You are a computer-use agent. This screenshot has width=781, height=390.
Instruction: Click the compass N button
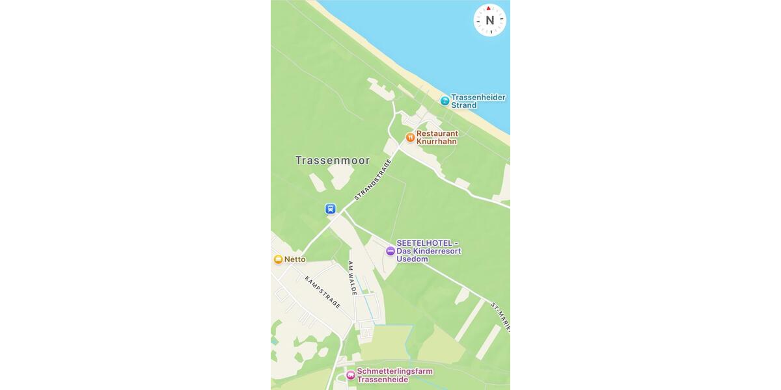(x=489, y=20)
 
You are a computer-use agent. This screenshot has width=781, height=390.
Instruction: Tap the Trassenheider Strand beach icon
(x=445, y=101)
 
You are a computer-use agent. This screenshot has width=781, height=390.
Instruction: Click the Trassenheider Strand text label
(x=478, y=101)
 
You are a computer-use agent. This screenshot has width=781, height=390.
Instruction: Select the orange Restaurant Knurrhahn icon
(x=410, y=137)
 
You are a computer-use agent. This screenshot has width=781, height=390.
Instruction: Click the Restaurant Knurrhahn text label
(x=437, y=137)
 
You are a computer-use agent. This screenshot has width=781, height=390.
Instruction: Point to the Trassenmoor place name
(x=332, y=161)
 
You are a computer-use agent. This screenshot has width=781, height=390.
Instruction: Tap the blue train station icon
(x=331, y=209)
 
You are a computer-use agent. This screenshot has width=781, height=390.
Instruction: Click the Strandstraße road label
(x=372, y=179)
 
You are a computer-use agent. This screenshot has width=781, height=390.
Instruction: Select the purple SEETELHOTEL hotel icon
(x=390, y=251)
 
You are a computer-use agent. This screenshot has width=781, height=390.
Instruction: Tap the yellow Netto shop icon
(x=279, y=259)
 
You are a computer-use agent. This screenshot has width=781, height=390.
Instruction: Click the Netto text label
(x=295, y=259)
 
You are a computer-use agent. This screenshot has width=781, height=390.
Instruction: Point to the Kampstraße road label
(x=322, y=292)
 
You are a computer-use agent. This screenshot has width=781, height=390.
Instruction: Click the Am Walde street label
(x=352, y=278)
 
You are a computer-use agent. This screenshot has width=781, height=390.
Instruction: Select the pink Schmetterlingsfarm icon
(x=351, y=375)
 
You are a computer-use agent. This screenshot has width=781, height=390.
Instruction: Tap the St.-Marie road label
(x=501, y=316)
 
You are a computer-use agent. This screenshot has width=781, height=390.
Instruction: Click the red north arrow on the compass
(x=489, y=8)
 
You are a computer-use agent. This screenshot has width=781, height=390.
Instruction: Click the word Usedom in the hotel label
(x=412, y=259)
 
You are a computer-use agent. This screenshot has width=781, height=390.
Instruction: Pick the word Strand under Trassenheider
(x=464, y=105)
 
